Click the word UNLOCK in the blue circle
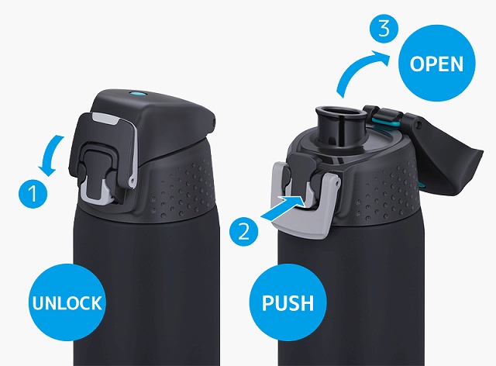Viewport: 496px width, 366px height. tap(67, 302)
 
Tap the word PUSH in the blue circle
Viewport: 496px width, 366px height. tap(288, 302)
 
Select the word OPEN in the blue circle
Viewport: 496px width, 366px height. tap(436, 64)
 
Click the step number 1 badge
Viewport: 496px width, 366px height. tap(33, 194)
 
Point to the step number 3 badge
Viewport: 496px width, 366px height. tap(384, 29)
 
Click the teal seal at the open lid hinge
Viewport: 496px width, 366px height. tap(385, 122)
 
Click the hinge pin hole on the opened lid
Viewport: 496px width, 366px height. tap(419, 125)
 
